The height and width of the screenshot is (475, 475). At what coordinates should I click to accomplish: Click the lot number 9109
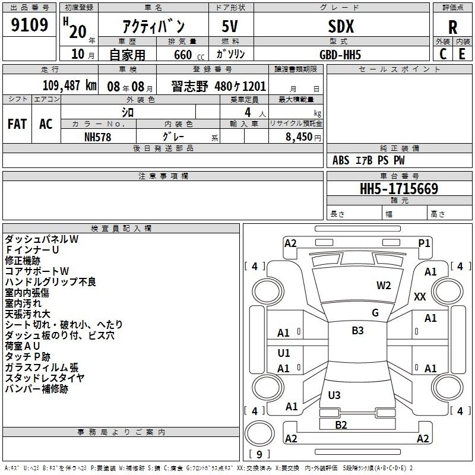(x=29, y=25)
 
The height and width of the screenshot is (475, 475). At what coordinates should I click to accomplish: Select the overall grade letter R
(x=452, y=27)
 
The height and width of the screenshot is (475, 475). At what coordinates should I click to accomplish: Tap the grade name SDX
(x=341, y=27)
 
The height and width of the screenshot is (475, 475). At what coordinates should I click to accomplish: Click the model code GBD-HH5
(x=340, y=55)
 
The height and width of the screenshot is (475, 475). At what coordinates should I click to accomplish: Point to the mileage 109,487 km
(x=69, y=85)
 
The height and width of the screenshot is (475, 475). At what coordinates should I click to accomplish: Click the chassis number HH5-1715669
(x=399, y=189)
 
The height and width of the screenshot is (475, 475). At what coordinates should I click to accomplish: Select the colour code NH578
(x=97, y=137)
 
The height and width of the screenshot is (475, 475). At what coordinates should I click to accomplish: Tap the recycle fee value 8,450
(x=299, y=137)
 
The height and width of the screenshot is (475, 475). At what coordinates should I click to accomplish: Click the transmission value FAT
(x=17, y=124)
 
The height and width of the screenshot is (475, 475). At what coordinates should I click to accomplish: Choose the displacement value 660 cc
(x=189, y=55)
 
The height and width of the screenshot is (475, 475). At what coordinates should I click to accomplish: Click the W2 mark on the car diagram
(x=384, y=286)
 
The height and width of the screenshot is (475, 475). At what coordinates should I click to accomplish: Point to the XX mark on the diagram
(x=420, y=296)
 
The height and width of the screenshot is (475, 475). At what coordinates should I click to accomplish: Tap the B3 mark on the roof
(x=357, y=330)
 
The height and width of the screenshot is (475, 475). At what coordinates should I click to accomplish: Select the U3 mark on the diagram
(x=334, y=395)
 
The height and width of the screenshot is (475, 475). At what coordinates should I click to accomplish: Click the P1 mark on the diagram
(x=424, y=243)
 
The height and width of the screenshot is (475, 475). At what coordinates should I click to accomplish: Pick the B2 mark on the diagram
(x=341, y=425)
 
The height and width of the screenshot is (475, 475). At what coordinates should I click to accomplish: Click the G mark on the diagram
(x=375, y=312)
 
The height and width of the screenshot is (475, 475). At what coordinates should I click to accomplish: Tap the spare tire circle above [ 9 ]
(x=259, y=433)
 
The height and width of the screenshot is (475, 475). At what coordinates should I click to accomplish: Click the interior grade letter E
(x=462, y=54)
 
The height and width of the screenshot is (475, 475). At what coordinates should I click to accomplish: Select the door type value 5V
(x=230, y=27)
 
